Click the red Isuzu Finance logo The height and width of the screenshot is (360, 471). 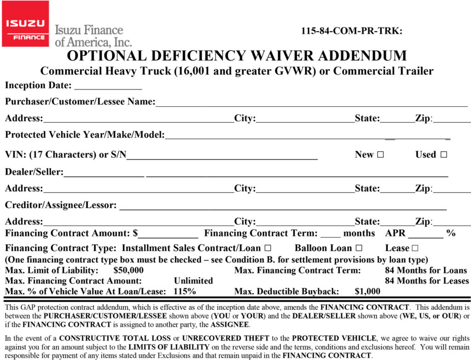pyautogui.click(x=25, y=23)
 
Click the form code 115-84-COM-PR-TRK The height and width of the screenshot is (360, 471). pyautogui.click(x=351, y=31)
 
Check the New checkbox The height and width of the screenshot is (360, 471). pyautogui.click(x=380, y=155)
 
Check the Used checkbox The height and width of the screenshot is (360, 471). pyautogui.click(x=443, y=155)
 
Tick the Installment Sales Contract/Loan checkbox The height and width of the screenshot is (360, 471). pyautogui.click(x=268, y=248)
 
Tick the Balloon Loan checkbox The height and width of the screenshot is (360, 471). pyautogui.click(x=359, y=248)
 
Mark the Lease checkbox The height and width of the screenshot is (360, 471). pyautogui.click(x=415, y=248)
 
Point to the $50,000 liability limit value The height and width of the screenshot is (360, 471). pyautogui.click(x=128, y=270)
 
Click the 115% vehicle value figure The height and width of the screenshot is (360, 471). pyautogui.click(x=185, y=291)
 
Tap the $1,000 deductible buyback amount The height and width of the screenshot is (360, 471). pyautogui.click(x=368, y=291)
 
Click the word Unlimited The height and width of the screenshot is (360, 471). pyautogui.click(x=193, y=280)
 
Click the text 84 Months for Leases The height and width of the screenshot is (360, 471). pyautogui.click(x=427, y=280)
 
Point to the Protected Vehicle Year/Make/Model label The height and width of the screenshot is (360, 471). pyautogui.click(x=85, y=135)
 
